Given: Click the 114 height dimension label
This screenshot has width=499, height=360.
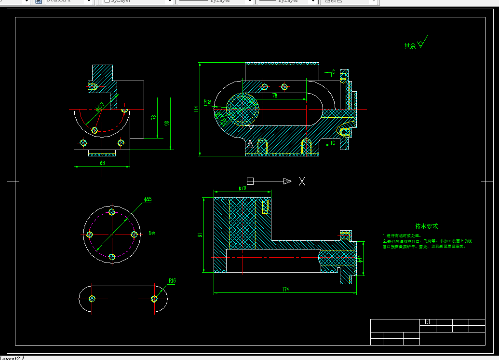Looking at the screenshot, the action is point(196,109).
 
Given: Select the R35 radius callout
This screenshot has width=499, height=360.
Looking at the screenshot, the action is point(208,102).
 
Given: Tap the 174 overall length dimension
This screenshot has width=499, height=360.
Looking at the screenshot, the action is point(285,290).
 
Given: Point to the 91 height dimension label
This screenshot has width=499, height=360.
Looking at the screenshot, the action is point(200,235).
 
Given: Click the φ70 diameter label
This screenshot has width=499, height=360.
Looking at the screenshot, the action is point(242,189).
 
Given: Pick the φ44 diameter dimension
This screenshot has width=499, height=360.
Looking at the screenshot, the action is point(360,259).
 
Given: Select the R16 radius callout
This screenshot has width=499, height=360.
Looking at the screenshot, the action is point(172,280).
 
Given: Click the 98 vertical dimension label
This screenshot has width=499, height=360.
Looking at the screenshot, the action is point(167,123).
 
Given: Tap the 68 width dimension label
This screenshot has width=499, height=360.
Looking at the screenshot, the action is point(102,163).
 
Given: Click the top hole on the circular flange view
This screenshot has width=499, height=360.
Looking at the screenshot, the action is point(112,212).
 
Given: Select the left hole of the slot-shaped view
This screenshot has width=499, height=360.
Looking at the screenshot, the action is point(92,299).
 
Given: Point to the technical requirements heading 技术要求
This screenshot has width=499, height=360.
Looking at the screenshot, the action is point(426,226).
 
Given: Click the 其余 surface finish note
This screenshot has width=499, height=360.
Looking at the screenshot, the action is point(410,46).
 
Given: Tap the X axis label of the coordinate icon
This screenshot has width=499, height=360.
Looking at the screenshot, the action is point(302,181).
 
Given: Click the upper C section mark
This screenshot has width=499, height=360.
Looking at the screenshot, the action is point(333,72).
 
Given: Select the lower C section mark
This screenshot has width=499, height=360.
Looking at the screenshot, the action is point(333,142).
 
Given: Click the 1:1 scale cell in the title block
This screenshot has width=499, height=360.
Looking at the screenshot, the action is point(427,322).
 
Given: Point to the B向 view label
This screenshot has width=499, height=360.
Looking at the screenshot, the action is point(152,233).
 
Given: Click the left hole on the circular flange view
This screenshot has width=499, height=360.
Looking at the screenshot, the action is point(89,235).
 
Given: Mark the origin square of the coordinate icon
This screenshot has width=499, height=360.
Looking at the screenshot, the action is point(250,181).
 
